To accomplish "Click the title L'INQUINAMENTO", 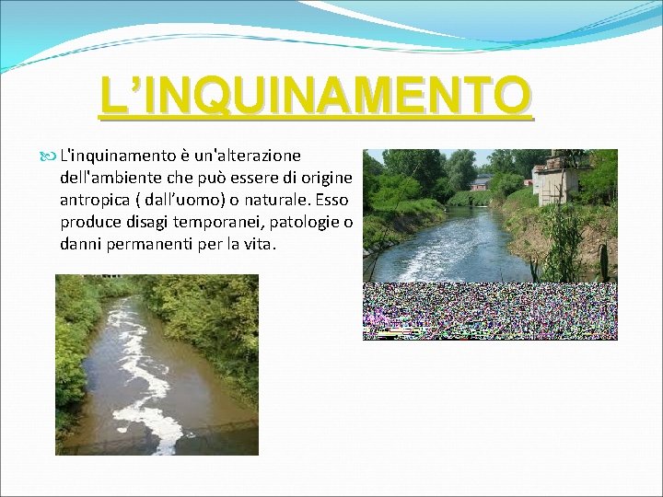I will point(316,96).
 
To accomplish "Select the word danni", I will point(84,246).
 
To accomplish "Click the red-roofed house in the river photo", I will point(480,182).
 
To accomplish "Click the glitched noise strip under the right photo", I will point(490,311).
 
